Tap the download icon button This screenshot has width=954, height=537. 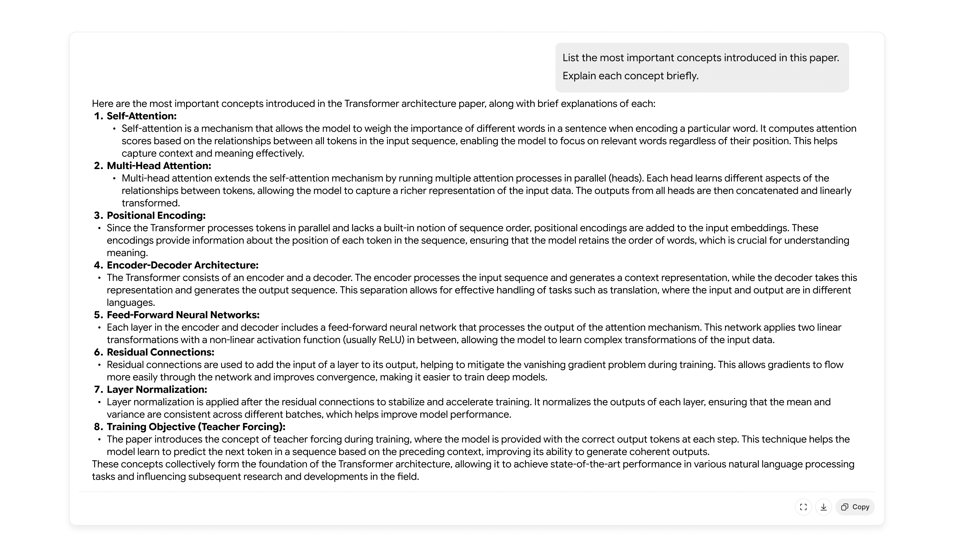tap(823, 507)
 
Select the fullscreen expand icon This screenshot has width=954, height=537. tap(803, 507)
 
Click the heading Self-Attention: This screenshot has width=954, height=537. tap(141, 116)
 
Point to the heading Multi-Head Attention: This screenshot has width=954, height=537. tap(159, 166)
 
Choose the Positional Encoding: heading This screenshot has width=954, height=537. tap(156, 215)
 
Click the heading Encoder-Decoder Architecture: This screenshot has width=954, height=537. tap(183, 265)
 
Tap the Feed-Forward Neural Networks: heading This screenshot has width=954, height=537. tap(183, 315)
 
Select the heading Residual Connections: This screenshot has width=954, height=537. tap(160, 352)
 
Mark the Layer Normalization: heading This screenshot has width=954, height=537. tap(157, 390)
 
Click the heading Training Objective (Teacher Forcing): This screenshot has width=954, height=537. tap(196, 427)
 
